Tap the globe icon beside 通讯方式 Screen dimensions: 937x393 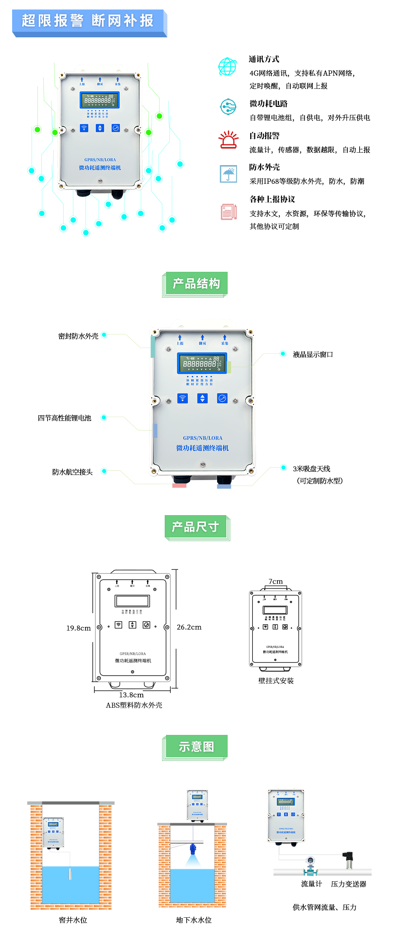click(227, 66)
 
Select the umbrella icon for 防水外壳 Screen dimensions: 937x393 click(229, 174)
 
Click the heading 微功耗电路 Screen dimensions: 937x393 click(269, 104)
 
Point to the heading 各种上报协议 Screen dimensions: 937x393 click(272, 199)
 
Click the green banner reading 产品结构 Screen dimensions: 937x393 click(196, 283)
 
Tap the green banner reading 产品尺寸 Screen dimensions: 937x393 click(196, 527)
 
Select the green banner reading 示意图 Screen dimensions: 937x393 click(196, 746)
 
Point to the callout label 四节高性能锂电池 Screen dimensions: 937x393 click(65, 418)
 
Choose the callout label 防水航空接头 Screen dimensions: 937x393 click(72, 472)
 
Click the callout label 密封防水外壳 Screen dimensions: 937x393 click(78, 336)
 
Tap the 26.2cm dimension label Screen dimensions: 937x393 click(189, 627)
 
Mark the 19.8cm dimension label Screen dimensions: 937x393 click(78, 628)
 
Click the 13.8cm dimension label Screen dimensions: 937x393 click(131, 695)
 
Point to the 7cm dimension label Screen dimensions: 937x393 click(275, 581)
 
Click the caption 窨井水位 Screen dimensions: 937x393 click(73, 920)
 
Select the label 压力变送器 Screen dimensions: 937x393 click(348, 884)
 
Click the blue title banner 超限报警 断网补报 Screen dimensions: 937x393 click(88, 21)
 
